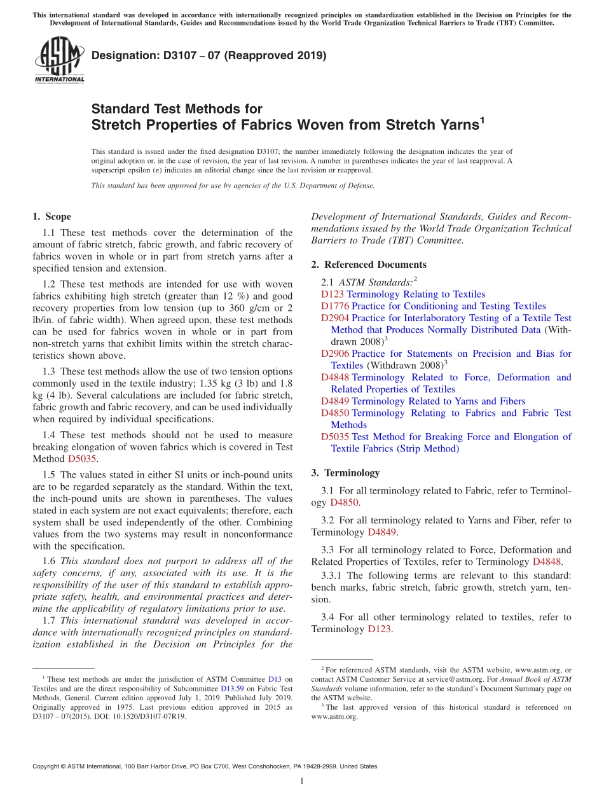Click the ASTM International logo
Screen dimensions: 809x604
(x=58, y=60)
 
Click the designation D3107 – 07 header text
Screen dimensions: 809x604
(x=209, y=55)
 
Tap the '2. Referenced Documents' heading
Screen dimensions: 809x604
(x=369, y=265)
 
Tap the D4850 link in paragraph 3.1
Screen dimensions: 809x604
(x=345, y=502)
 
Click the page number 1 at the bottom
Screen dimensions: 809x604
(x=302, y=782)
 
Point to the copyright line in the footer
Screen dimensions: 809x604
(x=205, y=766)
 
